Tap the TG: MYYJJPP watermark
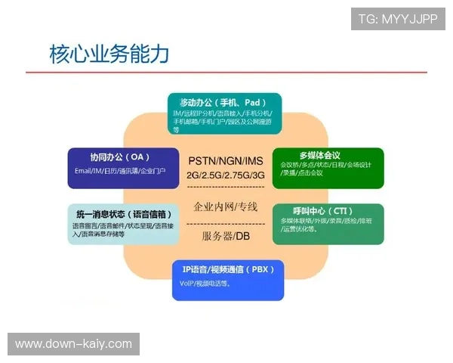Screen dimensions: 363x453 tap(398, 18)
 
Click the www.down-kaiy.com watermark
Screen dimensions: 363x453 tap(74, 344)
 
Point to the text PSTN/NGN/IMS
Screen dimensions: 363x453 tap(226, 160)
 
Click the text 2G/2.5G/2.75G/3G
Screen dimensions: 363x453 tap(226, 175)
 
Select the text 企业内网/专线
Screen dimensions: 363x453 tap(226, 206)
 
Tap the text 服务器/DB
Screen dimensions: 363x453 tap(226, 236)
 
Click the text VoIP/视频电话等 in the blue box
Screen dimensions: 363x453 tap(205, 284)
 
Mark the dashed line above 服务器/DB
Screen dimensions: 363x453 tap(226, 223)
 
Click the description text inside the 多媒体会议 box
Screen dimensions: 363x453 tap(325, 168)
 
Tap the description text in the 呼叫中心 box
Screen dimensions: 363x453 tap(325, 225)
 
